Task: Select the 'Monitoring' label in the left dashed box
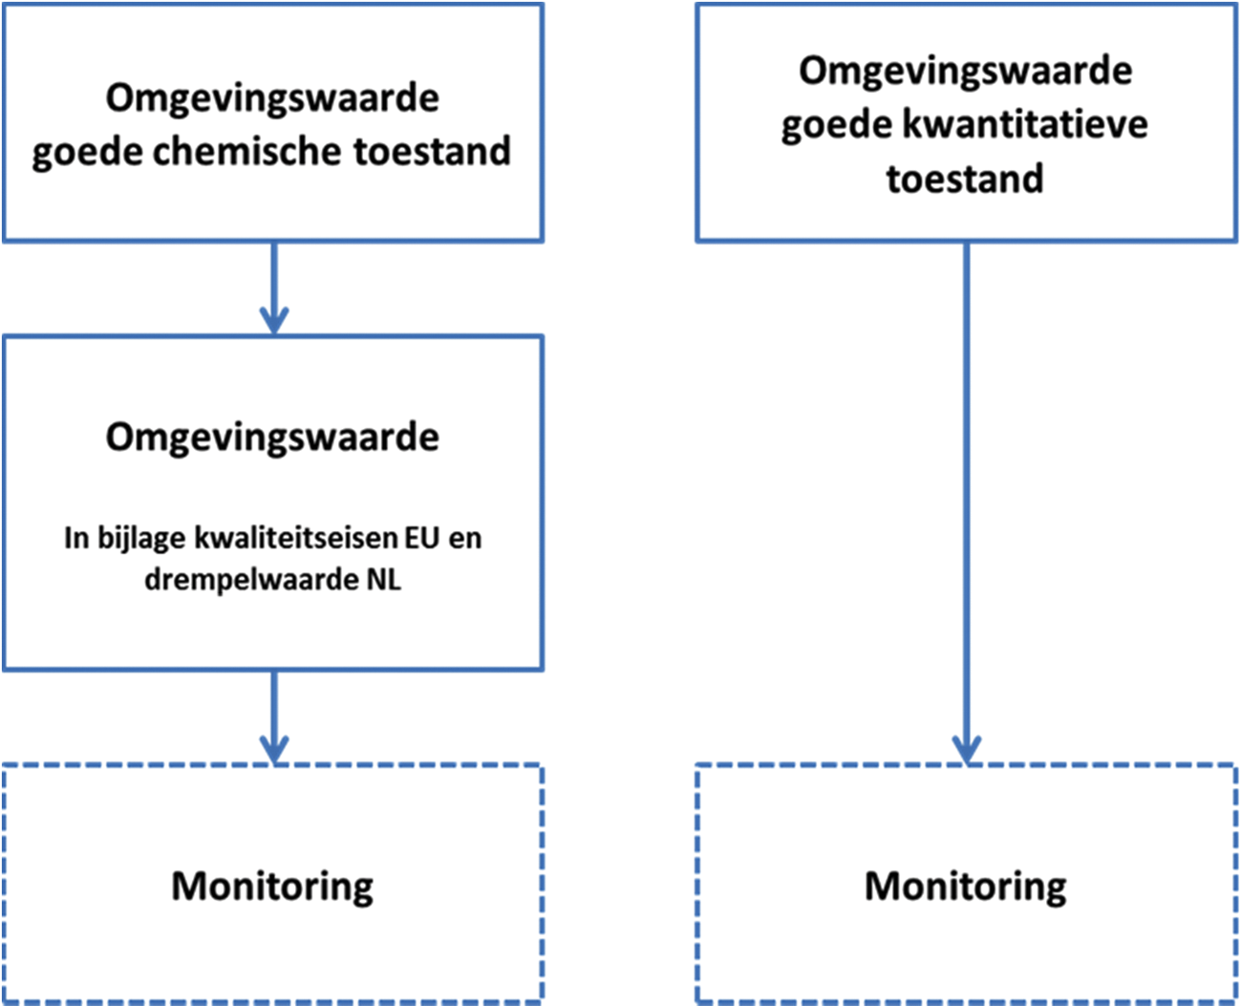272,886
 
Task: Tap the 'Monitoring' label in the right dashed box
966,886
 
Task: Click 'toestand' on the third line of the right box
965,179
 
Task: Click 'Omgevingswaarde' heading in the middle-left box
272,437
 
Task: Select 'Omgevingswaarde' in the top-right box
966,71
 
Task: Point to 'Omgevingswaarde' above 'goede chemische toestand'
272,97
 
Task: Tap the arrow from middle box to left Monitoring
274,717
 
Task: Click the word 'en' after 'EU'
464,538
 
